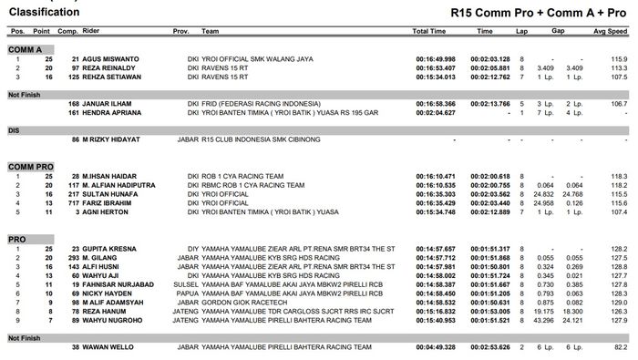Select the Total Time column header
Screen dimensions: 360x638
pos(429,31)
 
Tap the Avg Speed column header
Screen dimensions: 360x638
pos(611,31)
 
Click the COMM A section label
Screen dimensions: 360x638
pos(26,47)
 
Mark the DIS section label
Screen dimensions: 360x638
pos(14,130)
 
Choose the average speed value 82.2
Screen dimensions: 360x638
pos(620,347)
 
